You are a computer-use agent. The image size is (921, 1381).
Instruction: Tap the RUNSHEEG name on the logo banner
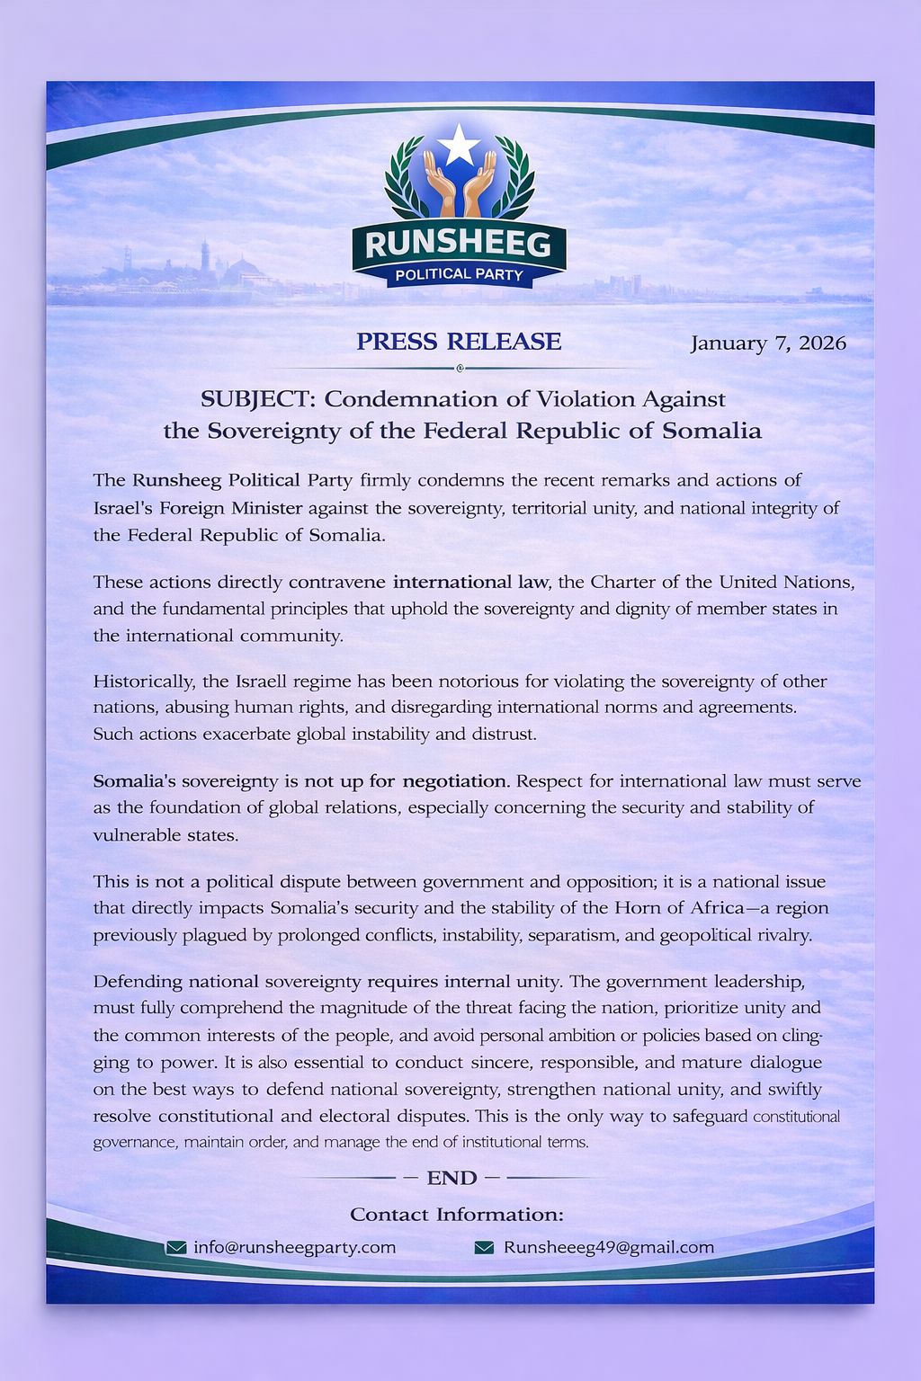459,244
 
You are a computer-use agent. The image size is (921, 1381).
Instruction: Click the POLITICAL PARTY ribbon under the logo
459,274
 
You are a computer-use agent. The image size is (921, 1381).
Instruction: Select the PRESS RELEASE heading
459,342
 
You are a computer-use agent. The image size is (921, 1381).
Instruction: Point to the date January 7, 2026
768,343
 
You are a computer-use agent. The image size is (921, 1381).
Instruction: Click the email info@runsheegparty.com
294,1247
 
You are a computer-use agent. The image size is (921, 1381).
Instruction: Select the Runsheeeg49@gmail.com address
608,1247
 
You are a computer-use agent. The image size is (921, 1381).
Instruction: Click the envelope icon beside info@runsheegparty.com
176,1248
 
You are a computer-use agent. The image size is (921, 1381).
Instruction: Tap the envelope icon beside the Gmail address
484,1248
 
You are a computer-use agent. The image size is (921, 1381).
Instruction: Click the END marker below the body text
452,1178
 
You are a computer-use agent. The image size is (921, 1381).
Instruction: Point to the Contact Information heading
457,1215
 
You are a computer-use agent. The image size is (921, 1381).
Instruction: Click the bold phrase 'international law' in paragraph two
464,582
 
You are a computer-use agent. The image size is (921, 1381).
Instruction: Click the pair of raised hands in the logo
460,184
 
